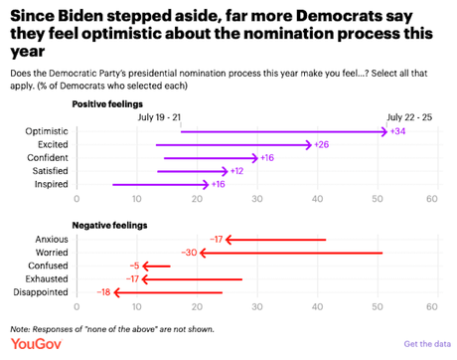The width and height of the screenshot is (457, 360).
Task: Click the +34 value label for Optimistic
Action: [399, 131]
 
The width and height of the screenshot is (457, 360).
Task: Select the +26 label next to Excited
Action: [322, 145]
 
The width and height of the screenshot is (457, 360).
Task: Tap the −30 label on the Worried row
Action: [187, 253]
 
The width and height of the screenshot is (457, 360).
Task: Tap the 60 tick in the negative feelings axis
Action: [432, 308]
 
